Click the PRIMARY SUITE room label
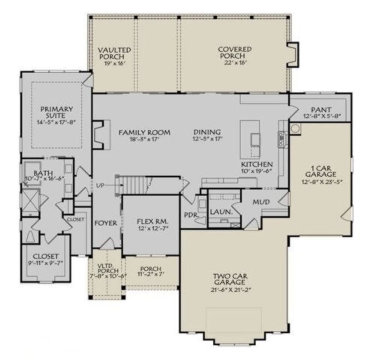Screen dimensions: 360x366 pyautogui.click(x=56, y=112)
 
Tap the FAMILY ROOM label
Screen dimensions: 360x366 pyautogui.click(x=144, y=133)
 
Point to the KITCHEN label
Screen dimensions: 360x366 pyautogui.click(x=257, y=164)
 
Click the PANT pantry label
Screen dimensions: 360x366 pyautogui.click(x=321, y=110)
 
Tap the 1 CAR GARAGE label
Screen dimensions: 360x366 pyautogui.click(x=323, y=171)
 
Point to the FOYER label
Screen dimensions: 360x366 pyautogui.click(x=106, y=223)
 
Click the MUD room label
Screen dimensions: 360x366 pyautogui.click(x=261, y=202)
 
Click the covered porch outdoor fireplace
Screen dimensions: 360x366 pyautogui.click(x=293, y=54)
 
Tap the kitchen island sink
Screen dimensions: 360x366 pyautogui.click(x=256, y=139)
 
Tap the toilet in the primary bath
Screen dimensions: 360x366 pyautogui.click(x=31, y=236)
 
